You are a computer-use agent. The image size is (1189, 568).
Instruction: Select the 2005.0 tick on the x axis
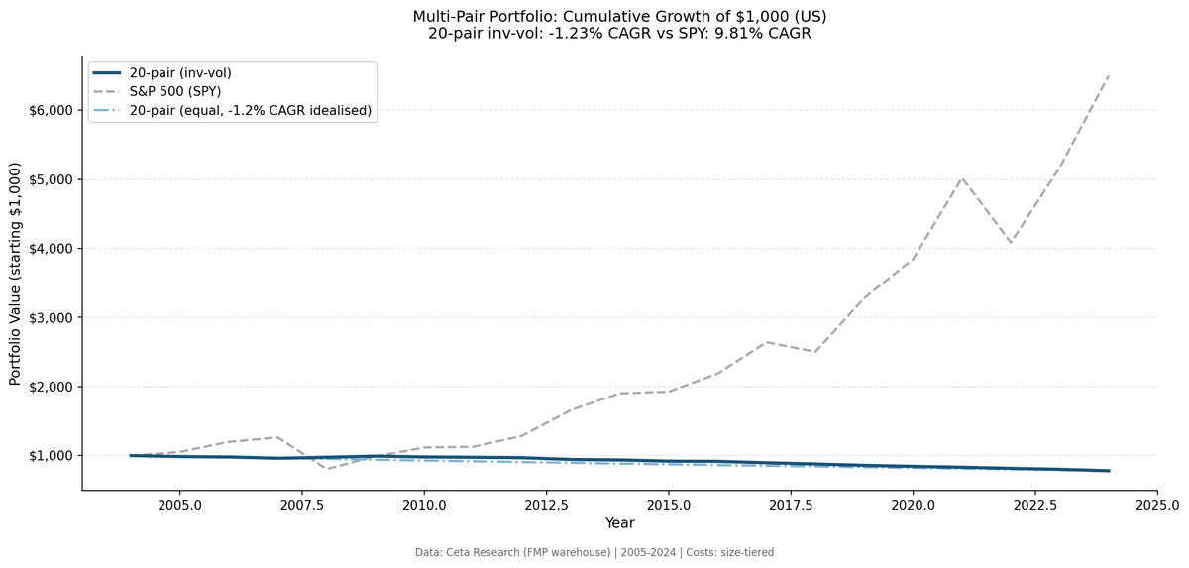tap(179, 504)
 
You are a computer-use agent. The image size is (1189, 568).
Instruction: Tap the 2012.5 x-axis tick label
tap(546, 504)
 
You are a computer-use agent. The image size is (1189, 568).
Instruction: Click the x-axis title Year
tap(619, 523)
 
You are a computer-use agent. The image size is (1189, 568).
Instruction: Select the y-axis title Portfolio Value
tap(15, 275)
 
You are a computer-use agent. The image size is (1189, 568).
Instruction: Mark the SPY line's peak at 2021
tap(962, 177)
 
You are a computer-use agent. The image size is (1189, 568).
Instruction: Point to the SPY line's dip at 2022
tap(1011, 243)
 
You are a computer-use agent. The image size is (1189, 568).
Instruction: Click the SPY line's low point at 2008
tap(326, 469)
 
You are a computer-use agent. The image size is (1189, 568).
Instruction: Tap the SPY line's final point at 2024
tap(1109, 75)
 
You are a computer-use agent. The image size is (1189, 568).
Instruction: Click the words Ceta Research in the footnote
tap(489, 552)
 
